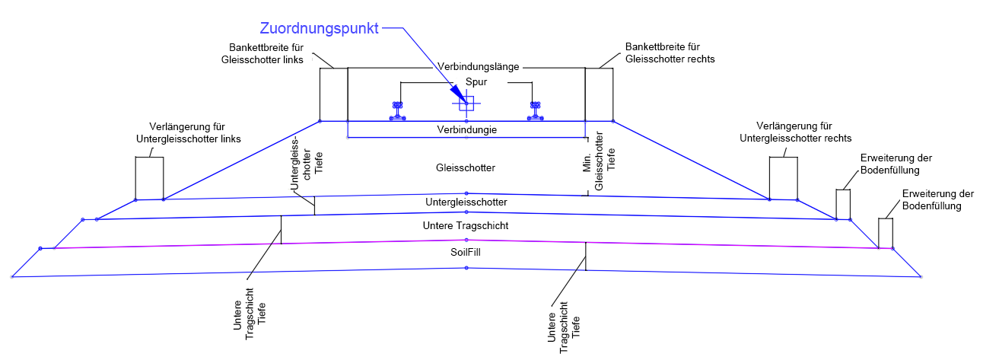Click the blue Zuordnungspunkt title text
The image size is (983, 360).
[319, 29]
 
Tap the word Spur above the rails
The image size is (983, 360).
[466, 81]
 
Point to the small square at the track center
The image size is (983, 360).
[466, 104]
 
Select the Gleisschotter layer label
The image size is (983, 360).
[466, 167]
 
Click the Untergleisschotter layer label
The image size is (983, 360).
[466, 202]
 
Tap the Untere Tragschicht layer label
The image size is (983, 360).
[466, 226]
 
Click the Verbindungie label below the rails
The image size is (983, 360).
[466, 130]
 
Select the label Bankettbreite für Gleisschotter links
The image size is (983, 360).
[262, 53]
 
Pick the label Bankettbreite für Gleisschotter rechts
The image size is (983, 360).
[670, 53]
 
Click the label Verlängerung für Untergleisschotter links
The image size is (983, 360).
[188, 132]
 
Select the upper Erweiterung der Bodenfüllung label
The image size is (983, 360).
[896, 164]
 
